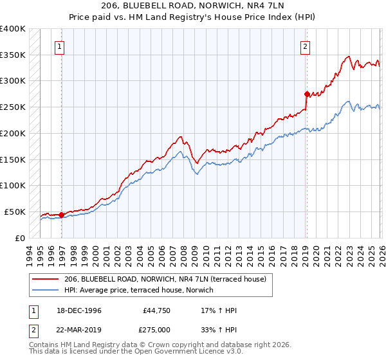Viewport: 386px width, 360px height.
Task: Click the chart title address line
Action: [x=193, y=6]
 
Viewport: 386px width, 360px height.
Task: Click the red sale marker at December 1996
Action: [x=62, y=215]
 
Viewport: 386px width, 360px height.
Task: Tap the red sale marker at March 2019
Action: [x=307, y=94]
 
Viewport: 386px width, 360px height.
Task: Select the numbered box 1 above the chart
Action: [x=59, y=46]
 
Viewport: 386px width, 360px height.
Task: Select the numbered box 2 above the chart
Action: [x=304, y=46]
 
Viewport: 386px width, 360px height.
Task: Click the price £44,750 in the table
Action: [x=155, y=310]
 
